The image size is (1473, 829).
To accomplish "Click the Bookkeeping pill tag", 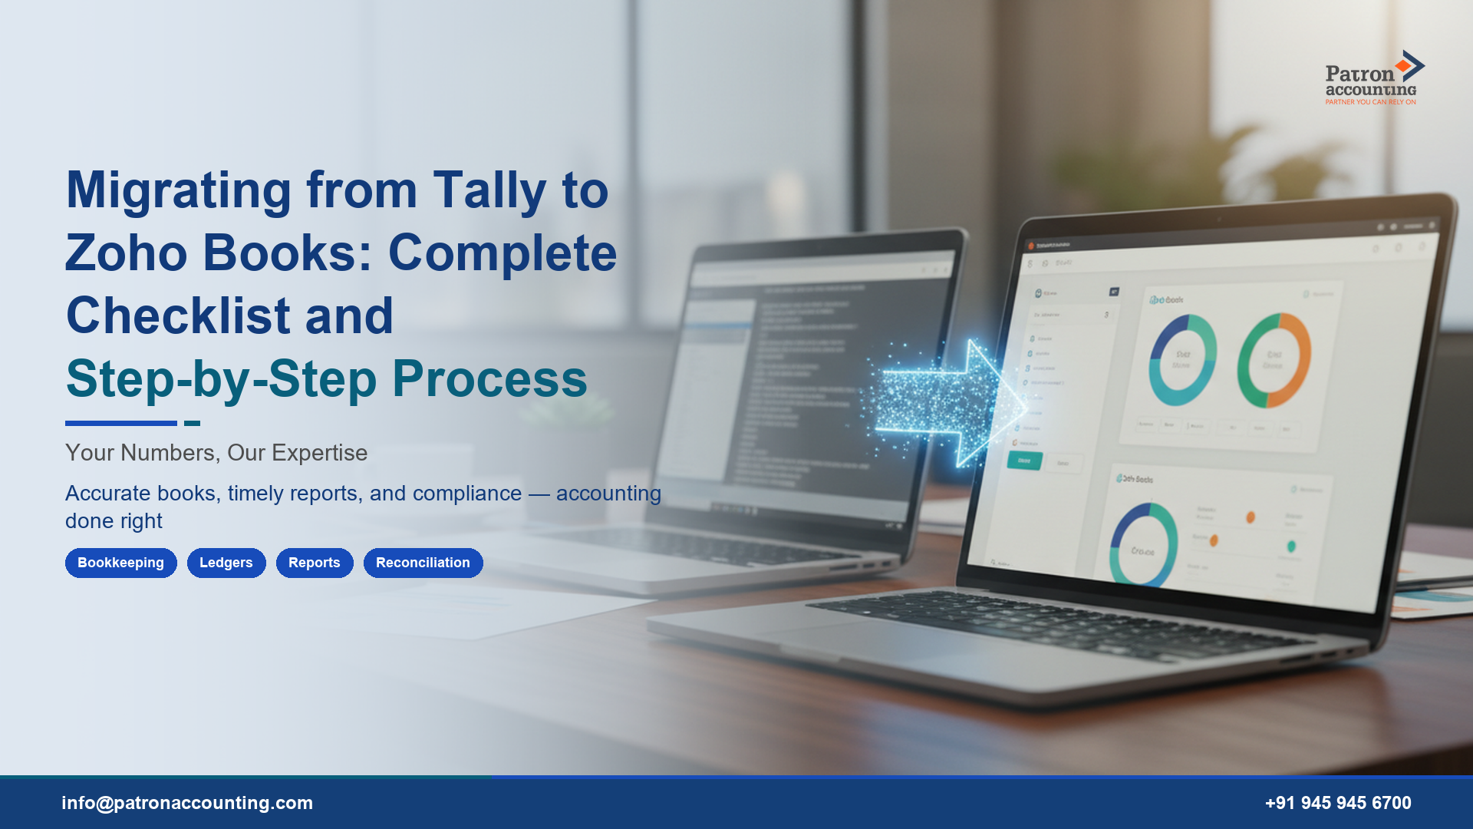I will point(120,563).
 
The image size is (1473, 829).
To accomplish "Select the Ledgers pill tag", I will point(226,563).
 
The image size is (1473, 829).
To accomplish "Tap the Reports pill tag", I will point(314,563).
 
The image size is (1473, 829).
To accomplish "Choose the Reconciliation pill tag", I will point(423,563).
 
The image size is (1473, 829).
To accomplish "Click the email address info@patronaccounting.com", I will point(187,803).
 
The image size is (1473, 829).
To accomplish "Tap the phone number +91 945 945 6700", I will point(1338,803).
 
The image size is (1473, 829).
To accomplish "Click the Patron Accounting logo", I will point(1373,78).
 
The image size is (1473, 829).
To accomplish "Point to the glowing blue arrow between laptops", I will point(951,403).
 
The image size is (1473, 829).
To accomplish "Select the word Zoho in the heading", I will point(126,253).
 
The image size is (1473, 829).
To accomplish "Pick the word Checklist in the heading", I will point(178,316).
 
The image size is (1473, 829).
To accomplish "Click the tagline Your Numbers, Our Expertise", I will point(216,453).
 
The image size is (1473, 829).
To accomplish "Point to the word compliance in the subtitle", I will point(466,493).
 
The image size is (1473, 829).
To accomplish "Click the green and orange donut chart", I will point(1274,359).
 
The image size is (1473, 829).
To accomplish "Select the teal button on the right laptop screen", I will point(1024,461).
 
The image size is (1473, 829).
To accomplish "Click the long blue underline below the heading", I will point(120,423).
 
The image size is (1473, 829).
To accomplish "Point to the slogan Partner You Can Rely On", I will point(1370,102).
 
